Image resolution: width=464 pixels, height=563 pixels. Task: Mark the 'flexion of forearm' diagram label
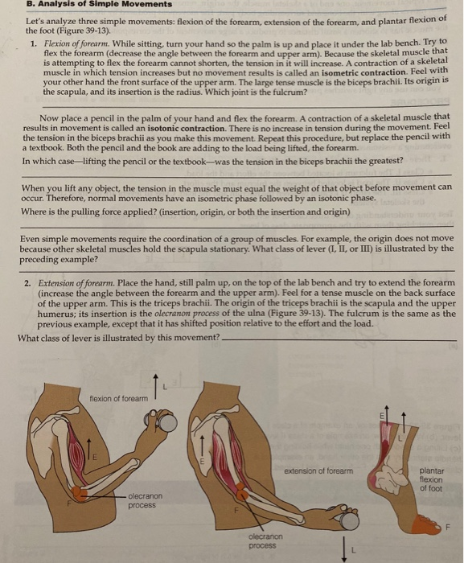(x=119, y=399)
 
